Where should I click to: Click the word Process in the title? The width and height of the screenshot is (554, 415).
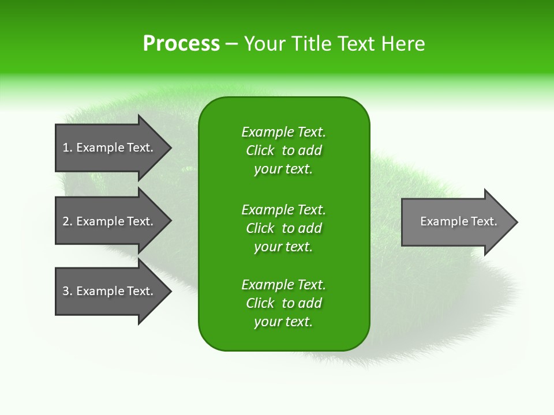181,44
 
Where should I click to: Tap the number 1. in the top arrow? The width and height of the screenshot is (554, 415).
67,148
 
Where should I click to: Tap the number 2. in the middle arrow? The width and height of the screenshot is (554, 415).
67,221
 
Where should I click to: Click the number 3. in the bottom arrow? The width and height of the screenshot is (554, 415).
67,291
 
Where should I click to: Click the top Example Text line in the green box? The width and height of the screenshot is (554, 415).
283,132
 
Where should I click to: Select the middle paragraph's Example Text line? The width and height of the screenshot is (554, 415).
283,209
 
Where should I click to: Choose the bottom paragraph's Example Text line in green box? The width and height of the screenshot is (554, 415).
283,285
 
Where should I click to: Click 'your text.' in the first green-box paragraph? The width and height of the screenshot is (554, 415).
283,169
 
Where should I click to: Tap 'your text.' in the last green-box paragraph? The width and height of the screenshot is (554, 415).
283,322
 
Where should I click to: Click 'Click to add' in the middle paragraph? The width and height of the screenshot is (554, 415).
283,228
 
